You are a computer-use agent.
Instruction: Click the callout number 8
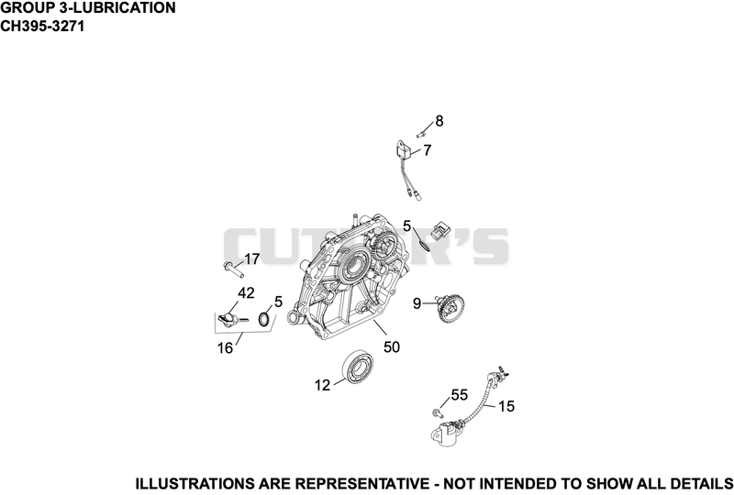click(x=439, y=121)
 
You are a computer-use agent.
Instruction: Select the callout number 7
click(x=427, y=150)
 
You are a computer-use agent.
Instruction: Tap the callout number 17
click(x=251, y=259)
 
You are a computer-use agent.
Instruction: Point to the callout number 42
click(x=246, y=293)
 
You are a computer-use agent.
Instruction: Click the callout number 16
click(x=225, y=348)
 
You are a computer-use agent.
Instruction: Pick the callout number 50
click(x=392, y=347)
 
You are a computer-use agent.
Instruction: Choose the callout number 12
click(x=323, y=386)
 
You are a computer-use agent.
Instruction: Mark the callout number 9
click(x=417, y=304)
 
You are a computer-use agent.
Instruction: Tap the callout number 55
click(x=460, y=395)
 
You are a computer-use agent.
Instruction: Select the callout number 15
click(x=506, y=407)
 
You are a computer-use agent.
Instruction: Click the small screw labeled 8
click(x=420, y=134)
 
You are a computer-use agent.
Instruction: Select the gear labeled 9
click(x=449, y=308)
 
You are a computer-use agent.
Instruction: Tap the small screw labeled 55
click(x=438, y=412)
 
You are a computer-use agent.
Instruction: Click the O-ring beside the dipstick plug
click(x=264, y=320)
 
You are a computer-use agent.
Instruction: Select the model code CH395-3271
click(x=42, y=27)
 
